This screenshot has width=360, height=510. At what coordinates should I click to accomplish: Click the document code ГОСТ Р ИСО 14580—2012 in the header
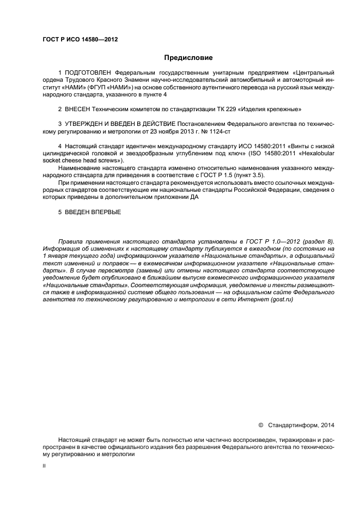click(x=80, y=39)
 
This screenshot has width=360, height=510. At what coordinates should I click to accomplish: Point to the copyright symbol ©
click(x=260, y=424)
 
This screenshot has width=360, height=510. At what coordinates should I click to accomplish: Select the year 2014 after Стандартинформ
click(x=327, y=424)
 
